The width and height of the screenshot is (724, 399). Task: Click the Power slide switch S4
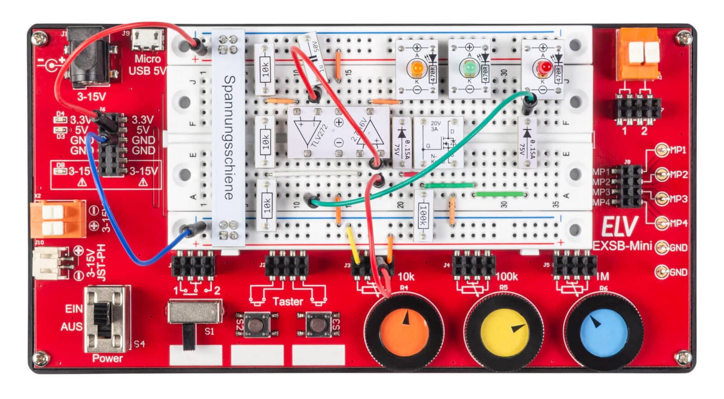coord(105,320)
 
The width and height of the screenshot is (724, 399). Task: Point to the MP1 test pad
coord(662,150)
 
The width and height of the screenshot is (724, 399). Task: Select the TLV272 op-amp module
coord(338,132)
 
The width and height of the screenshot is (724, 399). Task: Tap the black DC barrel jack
coord(90,61)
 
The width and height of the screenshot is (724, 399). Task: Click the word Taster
coord(288,301)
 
